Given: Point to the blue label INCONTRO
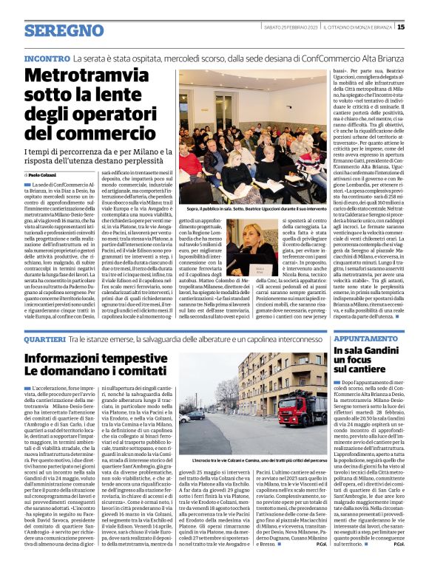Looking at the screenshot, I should point(47,58).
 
